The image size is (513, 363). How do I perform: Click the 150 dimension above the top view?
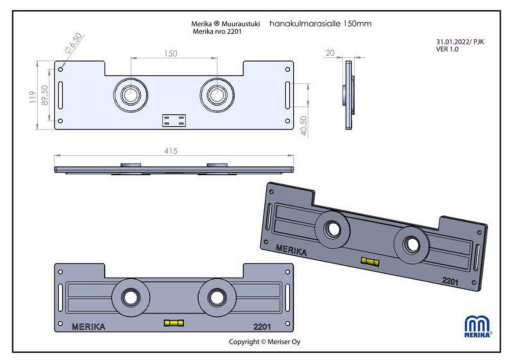[x=171, y=53]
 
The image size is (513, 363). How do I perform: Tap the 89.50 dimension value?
[x=44, y=97]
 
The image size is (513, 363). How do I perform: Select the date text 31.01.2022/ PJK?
[x=459, y=42]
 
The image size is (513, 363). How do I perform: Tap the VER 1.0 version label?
[x=446, y=49]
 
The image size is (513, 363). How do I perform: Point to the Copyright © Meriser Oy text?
[x=264, y=342]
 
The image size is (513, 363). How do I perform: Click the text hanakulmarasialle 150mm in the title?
[x=320, y=24]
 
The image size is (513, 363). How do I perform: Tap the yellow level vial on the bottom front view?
[x=174, y=322]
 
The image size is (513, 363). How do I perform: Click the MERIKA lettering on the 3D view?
[x=291, y=250]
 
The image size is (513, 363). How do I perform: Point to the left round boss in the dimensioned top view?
[x=130, y=94]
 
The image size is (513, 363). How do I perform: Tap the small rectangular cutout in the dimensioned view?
[x=174, y=120]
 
